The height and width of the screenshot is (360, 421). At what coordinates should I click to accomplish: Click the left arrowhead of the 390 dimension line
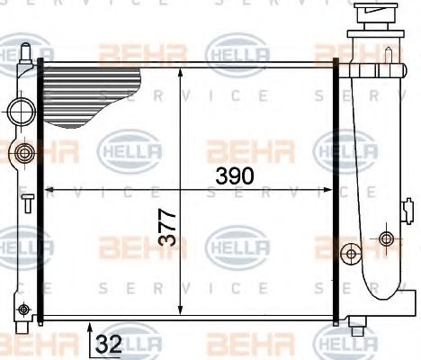49,190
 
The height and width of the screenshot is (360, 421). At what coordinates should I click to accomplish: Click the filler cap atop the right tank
377,17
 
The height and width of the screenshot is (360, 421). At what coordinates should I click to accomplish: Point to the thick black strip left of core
40,189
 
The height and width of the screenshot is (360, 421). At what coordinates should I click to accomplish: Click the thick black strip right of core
337,189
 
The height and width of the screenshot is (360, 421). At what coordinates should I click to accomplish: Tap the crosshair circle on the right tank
387,238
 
